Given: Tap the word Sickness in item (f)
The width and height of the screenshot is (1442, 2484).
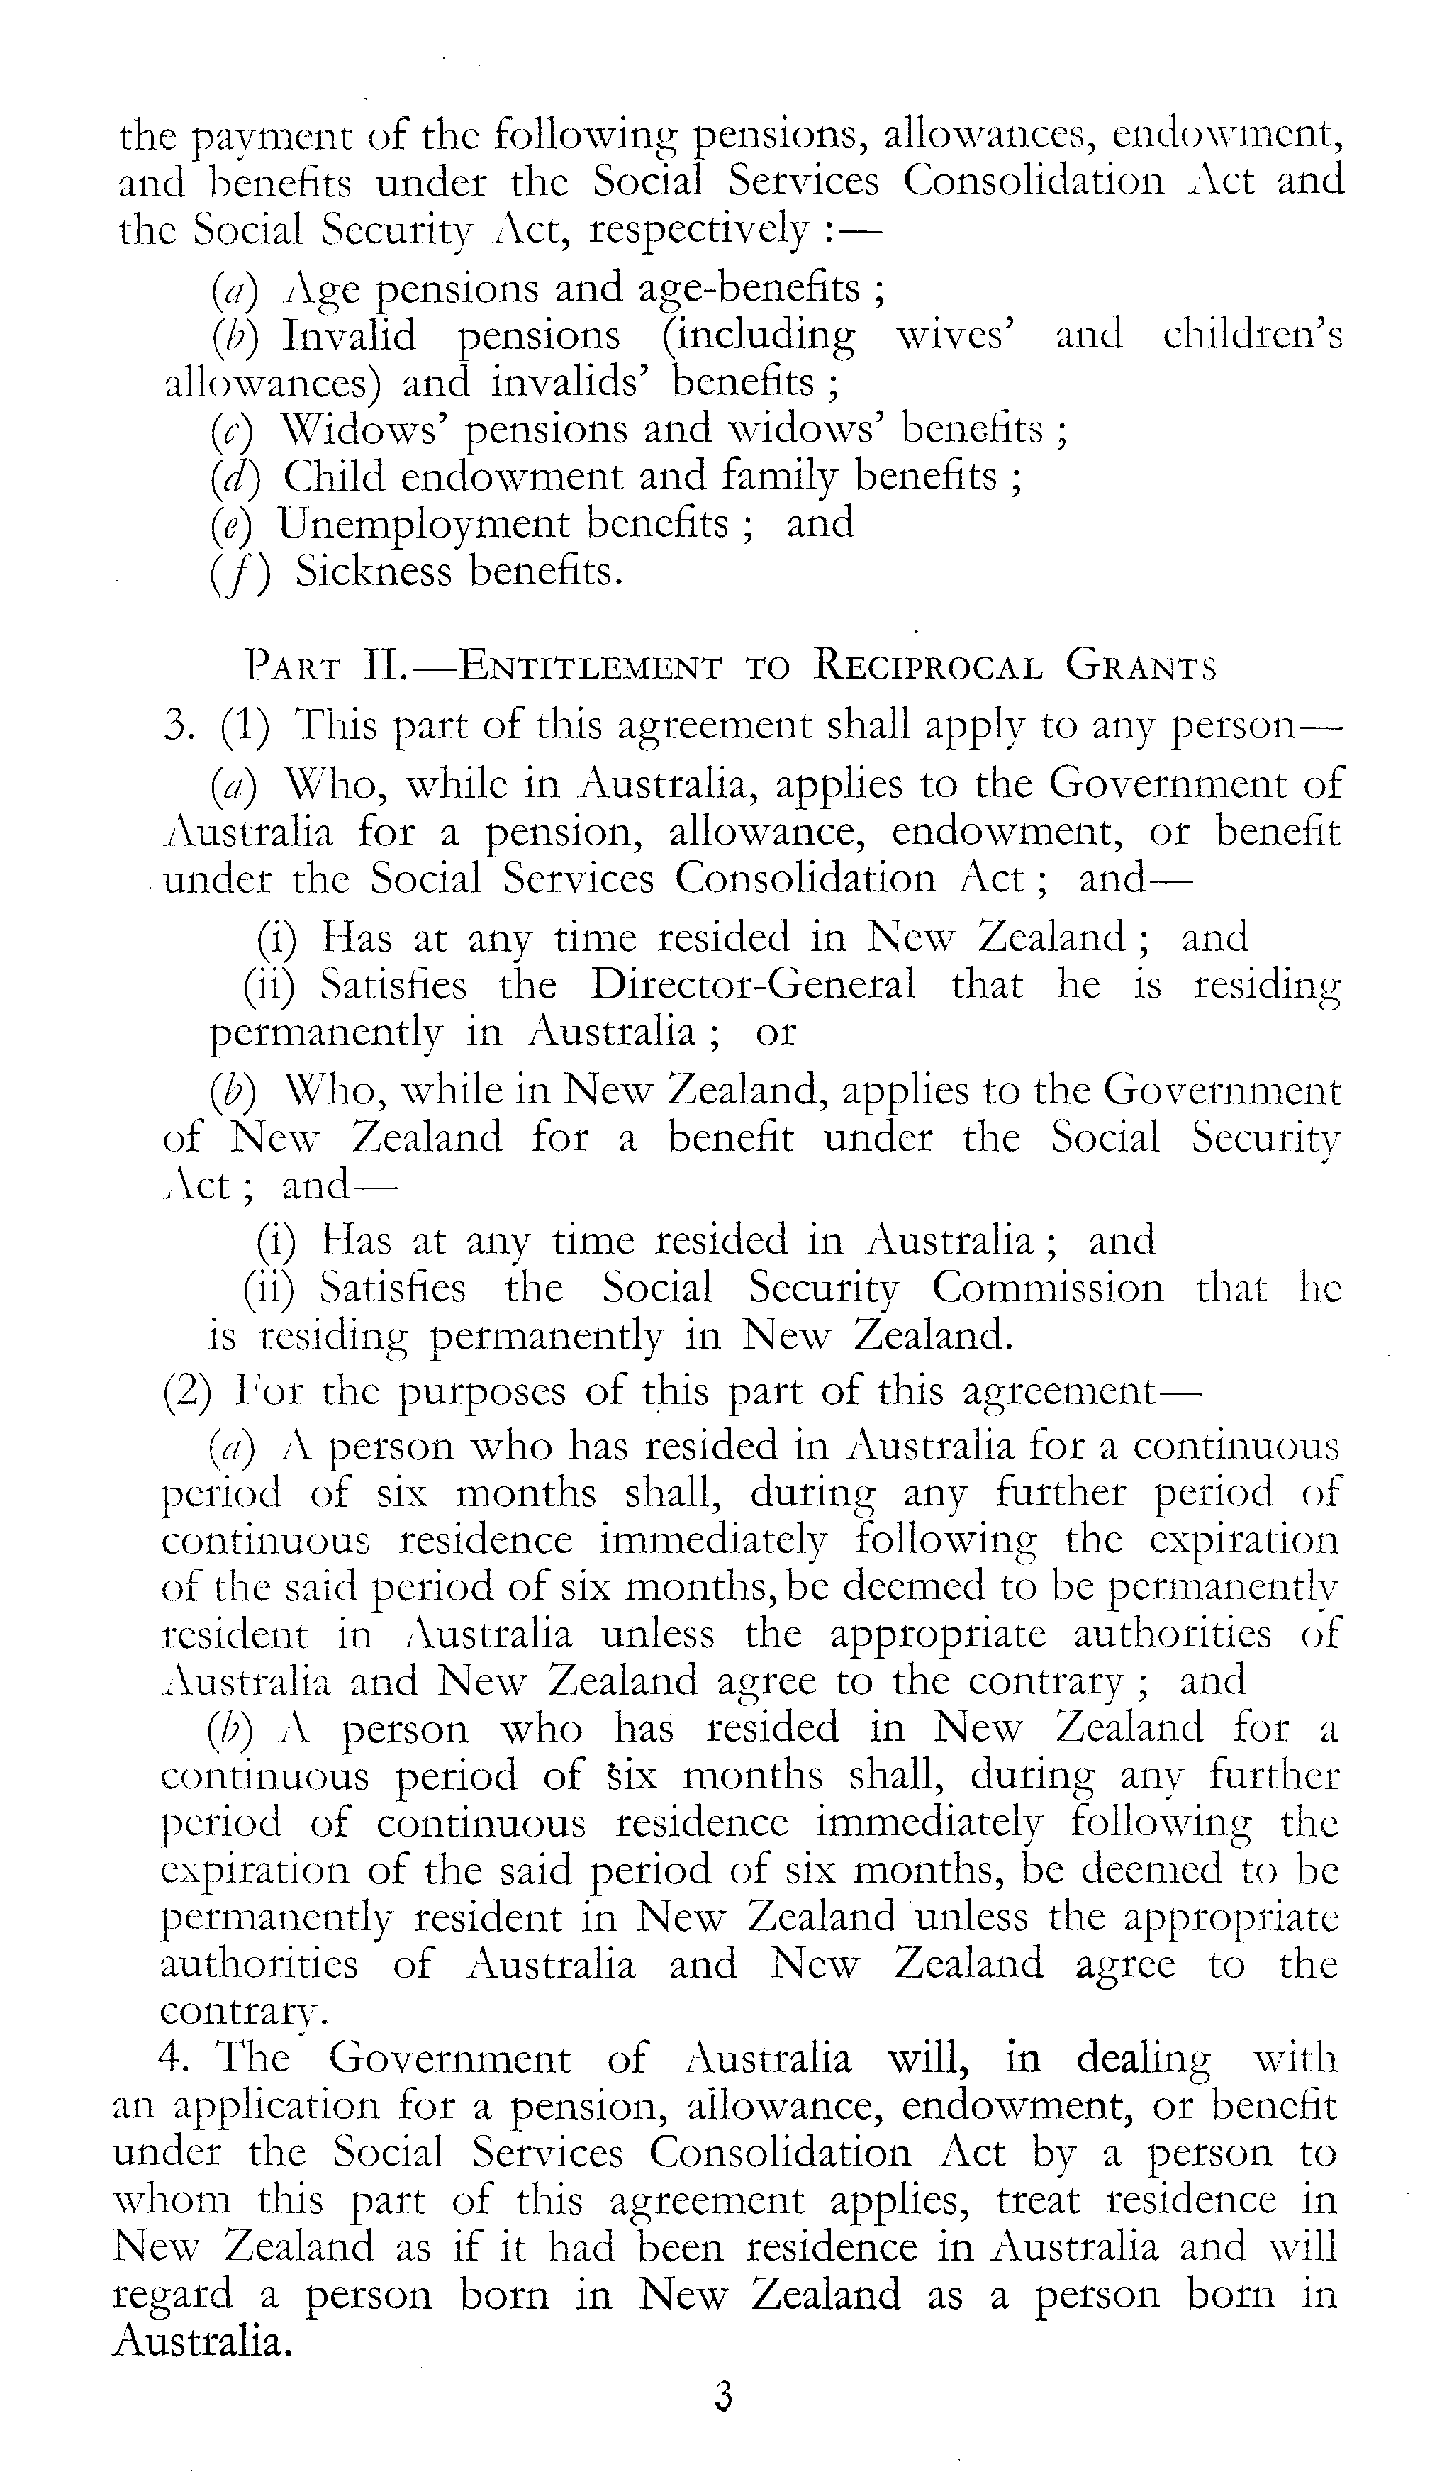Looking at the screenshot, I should pos(374,571).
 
